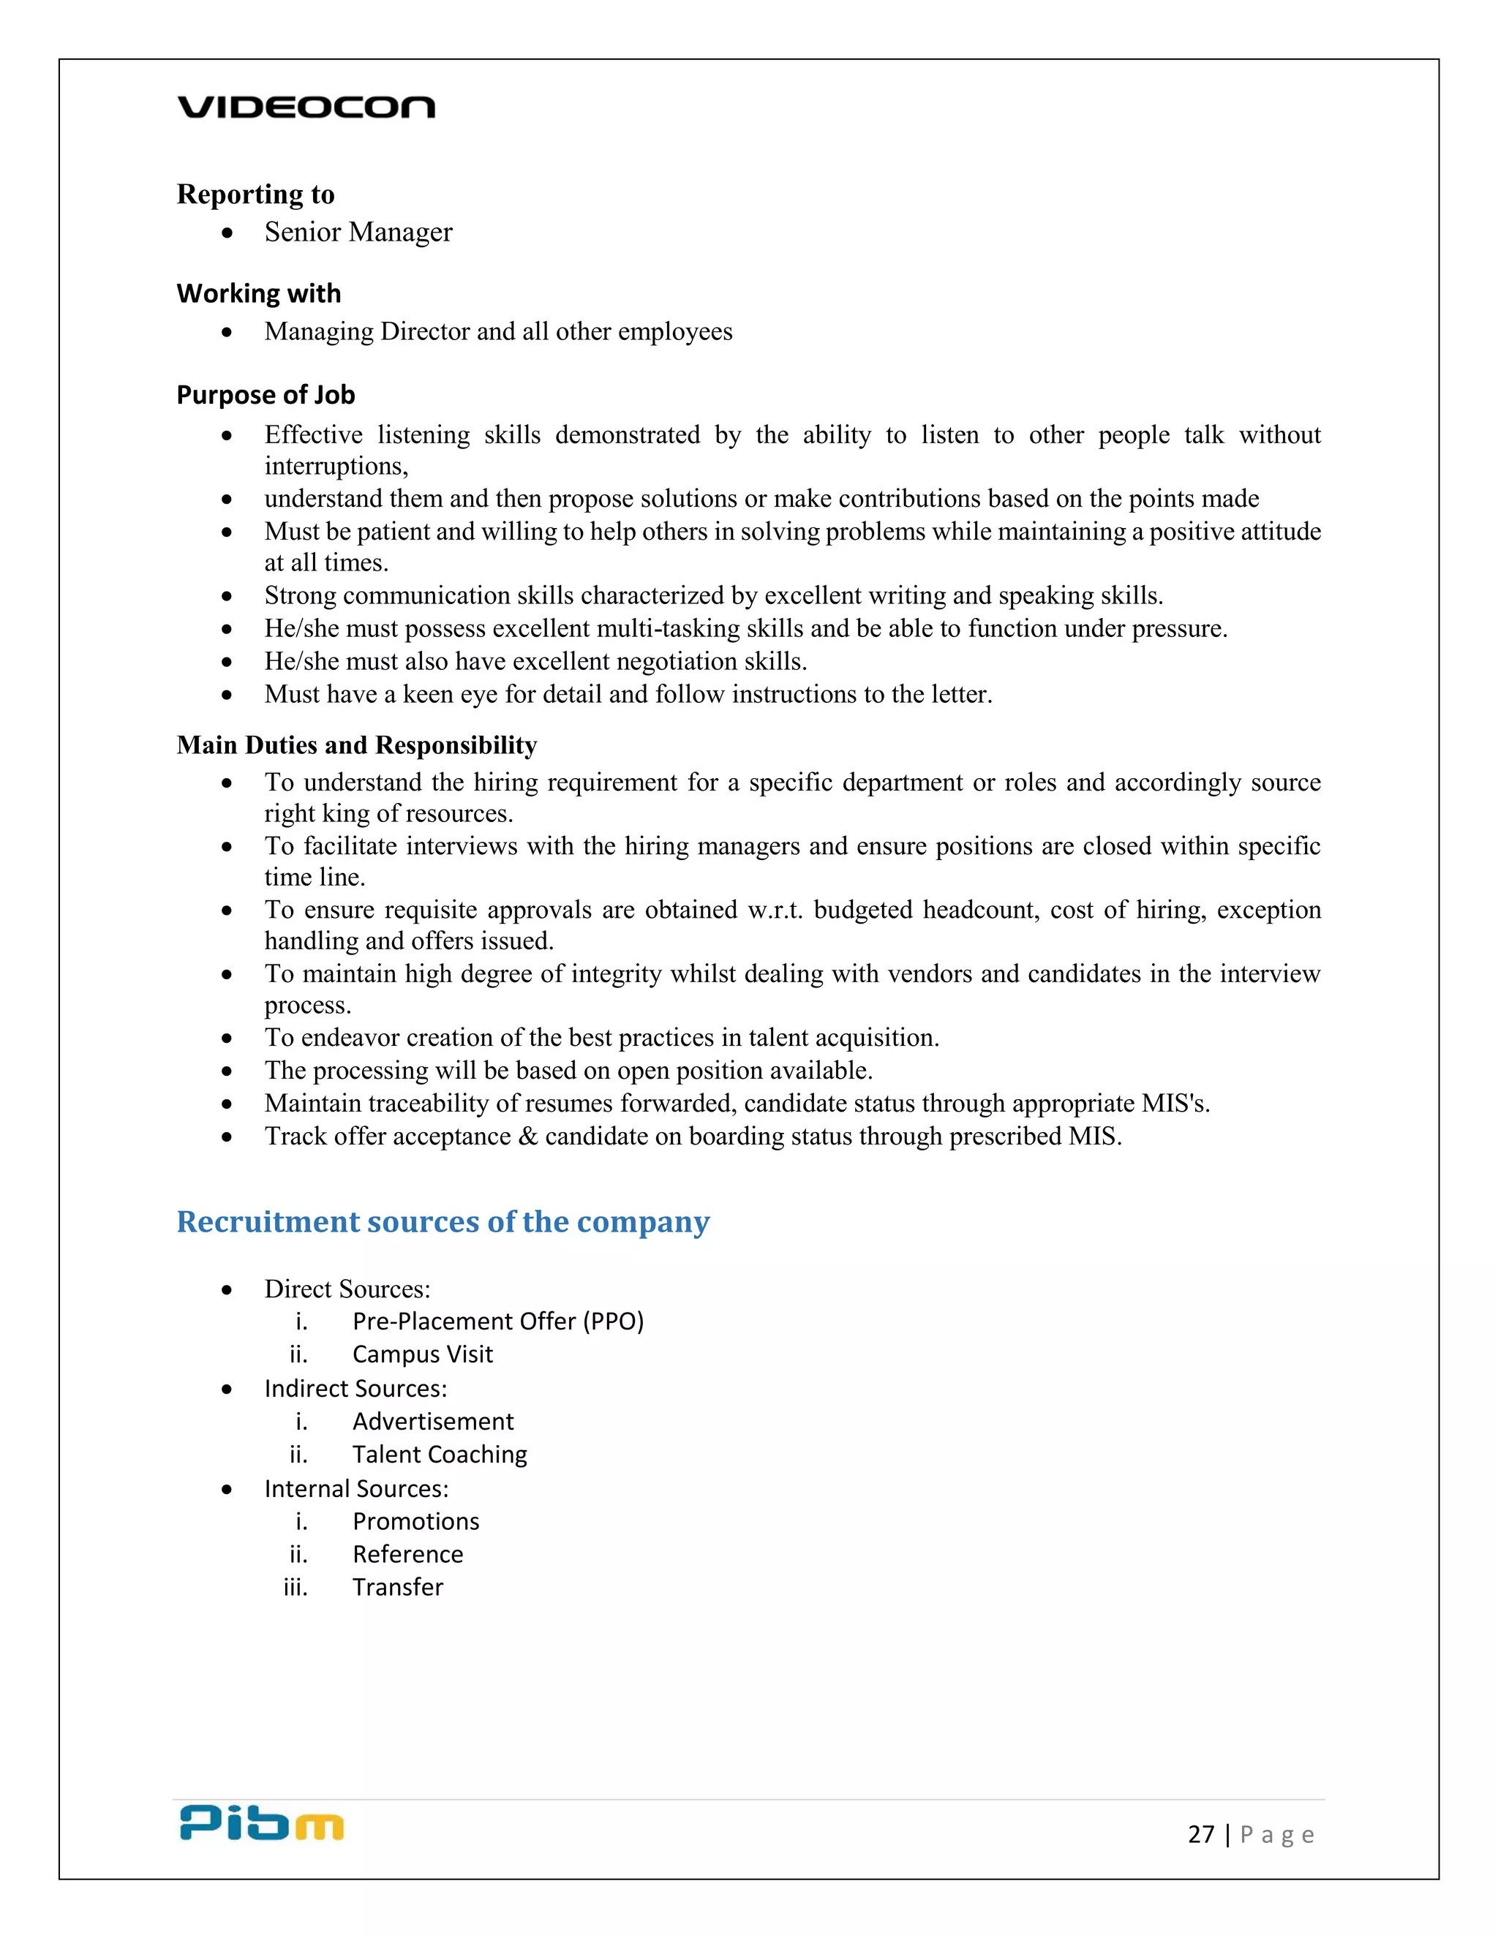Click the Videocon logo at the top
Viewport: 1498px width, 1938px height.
306,108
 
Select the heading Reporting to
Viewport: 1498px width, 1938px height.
255,194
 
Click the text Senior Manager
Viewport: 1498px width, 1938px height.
358,233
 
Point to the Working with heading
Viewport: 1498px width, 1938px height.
258,294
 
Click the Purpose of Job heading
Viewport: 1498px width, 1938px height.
266,395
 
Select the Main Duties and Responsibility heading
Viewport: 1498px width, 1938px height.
357,745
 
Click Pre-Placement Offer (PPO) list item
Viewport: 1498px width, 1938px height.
498,1321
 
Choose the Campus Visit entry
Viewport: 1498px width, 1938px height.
423,1354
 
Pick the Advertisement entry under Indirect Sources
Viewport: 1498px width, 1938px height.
433,1422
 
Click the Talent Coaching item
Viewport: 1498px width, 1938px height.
440,1455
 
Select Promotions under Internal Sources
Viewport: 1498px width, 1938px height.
415,1522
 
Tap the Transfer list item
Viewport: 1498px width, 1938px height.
398,1588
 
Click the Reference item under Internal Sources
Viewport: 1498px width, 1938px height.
407,1555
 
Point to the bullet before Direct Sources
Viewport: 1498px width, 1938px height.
227,1290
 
